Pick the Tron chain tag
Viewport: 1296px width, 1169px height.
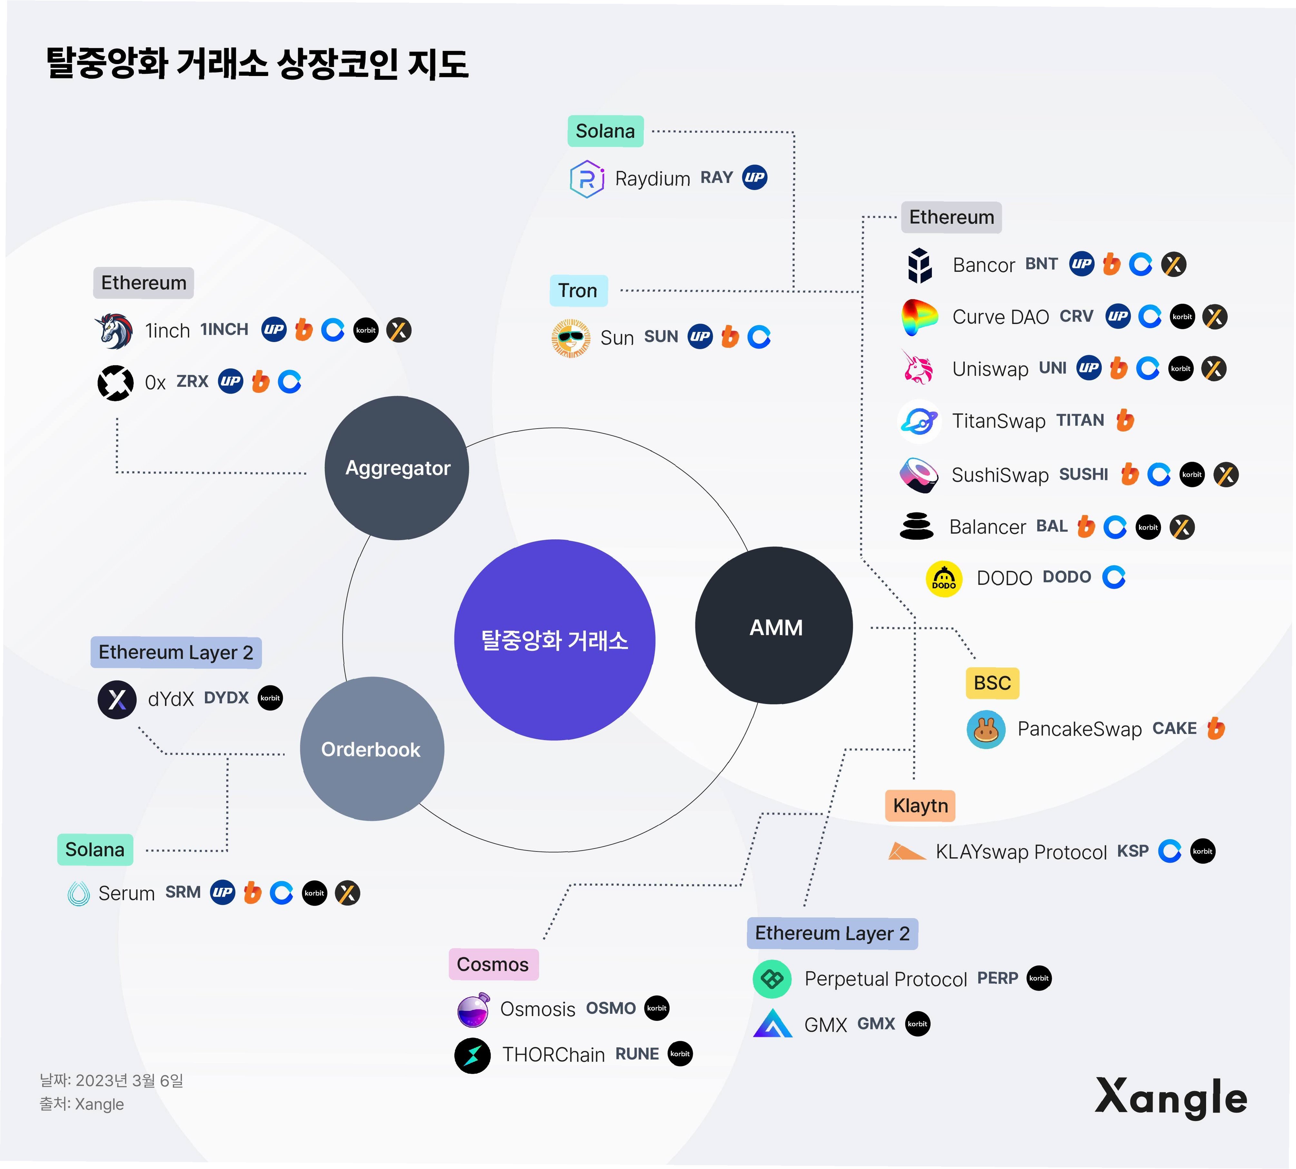click(x=578, y=291)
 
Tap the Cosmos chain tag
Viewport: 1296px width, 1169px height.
click(x=493, y=964)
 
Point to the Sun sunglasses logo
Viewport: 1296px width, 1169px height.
click(x=570, y=337)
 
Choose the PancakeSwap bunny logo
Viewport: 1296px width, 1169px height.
click(x=986, y=729)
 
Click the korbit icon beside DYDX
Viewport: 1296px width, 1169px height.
click(x=270, y=698)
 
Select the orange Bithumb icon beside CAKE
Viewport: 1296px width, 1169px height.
click(x=1216, y=728)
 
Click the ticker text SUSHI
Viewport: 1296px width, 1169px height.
click(x=1083, y=475)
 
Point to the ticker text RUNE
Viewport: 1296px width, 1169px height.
click(x=637, y=1054)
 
